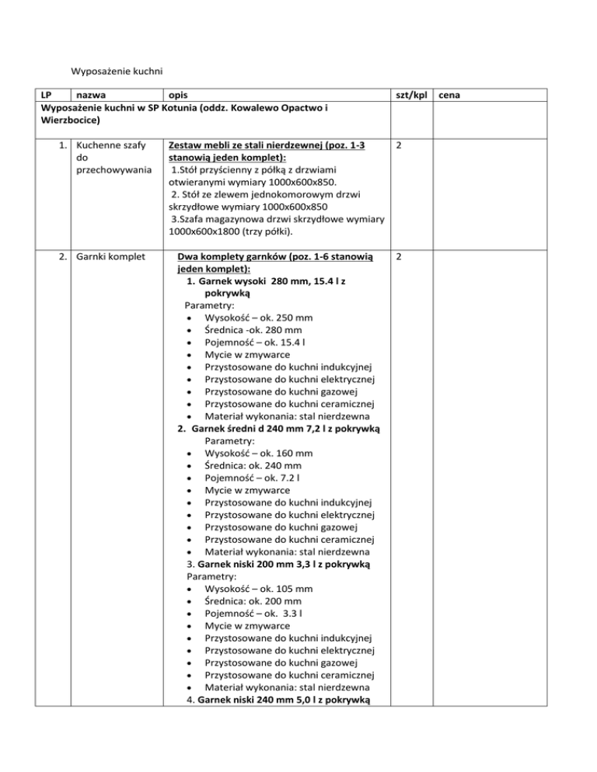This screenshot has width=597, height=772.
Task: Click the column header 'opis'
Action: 180,96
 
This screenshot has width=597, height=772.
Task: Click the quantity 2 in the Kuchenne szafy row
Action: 399,145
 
